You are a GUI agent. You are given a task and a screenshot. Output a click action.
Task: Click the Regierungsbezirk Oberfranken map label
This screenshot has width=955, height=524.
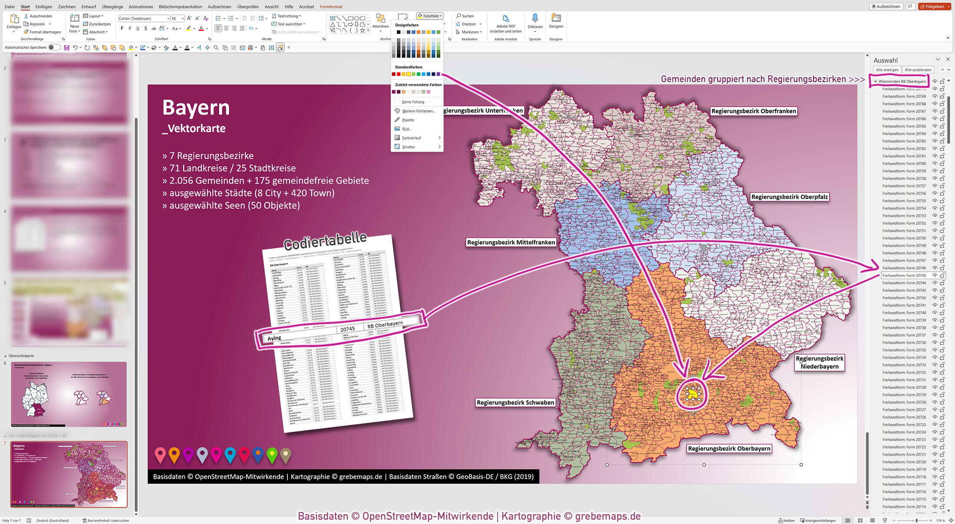tap(754, 111)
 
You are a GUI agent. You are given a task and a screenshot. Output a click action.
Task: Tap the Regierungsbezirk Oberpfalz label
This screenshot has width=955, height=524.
tap(789, 197)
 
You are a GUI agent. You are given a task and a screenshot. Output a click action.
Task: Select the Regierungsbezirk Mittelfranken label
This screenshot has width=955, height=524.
tap(511, 242)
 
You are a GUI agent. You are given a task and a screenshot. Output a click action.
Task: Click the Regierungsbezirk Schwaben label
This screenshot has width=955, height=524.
tap(515, 402)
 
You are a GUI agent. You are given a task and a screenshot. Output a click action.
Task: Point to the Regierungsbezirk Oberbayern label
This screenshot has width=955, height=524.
tap(729, 448)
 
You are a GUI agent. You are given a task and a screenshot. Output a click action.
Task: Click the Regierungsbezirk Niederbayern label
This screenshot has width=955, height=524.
tap(819, 363)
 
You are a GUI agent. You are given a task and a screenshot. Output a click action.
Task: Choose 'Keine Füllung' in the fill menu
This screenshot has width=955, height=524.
tap(413, 102)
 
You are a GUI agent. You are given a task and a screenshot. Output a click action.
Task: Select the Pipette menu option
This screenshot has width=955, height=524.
tap(408, 120)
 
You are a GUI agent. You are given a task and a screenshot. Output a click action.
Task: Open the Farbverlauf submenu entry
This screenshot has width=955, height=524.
tap(412, 138)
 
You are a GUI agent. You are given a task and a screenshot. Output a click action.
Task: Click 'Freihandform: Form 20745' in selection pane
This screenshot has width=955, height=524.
tap(904, 276)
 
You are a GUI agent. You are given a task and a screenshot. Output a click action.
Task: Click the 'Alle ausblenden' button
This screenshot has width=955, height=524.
tap(918, 70)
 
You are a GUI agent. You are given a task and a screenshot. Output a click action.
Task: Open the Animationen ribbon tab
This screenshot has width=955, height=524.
tap(141, 7)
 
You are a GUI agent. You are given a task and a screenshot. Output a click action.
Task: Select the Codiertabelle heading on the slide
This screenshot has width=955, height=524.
tap(325, 241)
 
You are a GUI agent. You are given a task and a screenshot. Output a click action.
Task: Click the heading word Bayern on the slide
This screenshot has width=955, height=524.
tap(196, 108)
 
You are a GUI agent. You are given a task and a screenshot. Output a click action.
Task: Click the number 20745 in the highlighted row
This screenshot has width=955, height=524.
tap(347, 329)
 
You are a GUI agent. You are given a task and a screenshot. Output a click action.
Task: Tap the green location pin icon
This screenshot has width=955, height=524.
tap(272, 455)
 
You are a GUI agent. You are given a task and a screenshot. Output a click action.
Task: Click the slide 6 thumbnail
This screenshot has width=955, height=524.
tap(69, 394)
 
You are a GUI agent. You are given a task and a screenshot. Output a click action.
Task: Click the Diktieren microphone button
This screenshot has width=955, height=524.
tap(535, 22)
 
